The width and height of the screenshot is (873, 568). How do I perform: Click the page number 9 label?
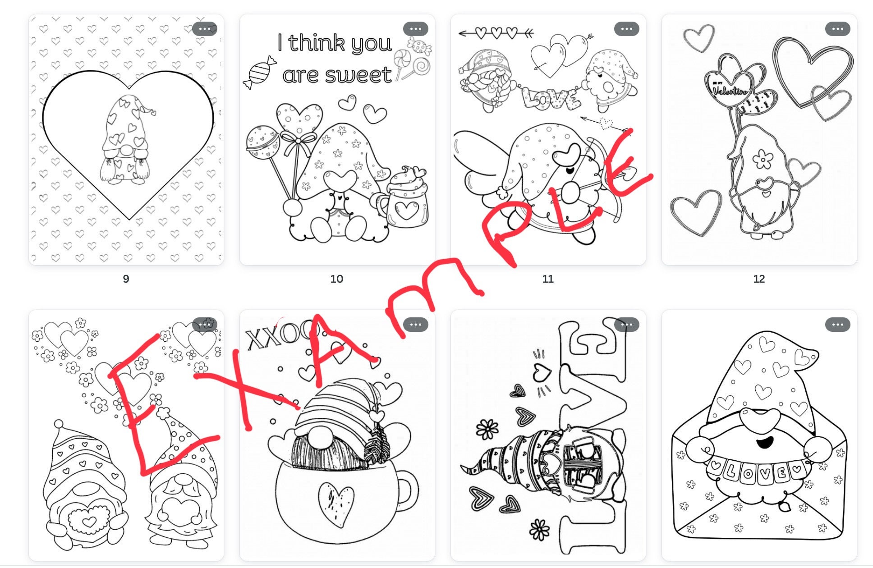coord(126,279)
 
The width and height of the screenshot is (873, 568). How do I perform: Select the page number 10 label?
coord(336,279)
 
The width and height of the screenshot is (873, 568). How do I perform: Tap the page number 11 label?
coord(547,279)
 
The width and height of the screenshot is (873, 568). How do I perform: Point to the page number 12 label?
coord(758,279)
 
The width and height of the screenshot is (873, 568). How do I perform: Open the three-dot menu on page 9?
coord(204,29)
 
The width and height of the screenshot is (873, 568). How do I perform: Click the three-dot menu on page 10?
coord(415,29)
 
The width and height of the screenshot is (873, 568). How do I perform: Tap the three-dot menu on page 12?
coord(837,29)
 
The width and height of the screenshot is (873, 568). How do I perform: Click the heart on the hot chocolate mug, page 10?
coord(406,210)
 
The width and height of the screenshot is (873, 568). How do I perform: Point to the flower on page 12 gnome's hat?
coord(763,159)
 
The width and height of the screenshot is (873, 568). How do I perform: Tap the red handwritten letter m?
coord(433,289)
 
